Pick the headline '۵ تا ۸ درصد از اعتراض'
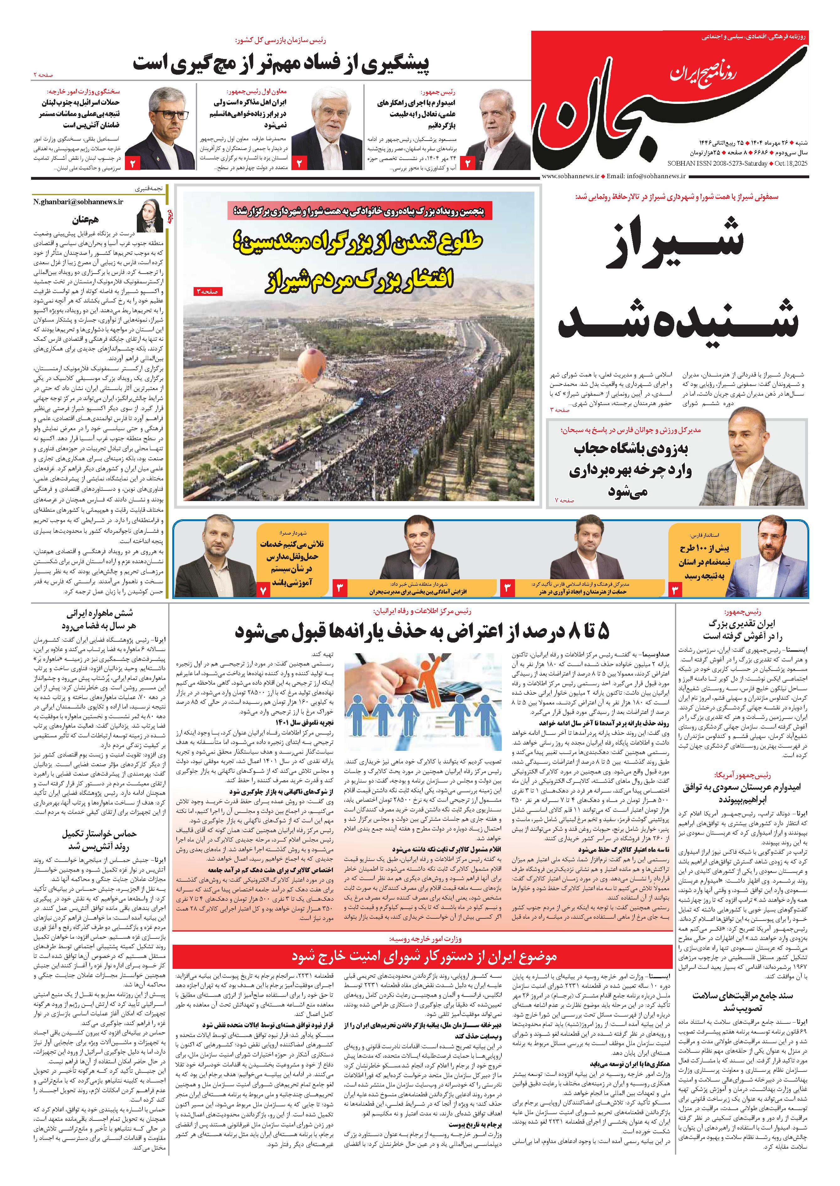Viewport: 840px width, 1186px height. coord(421,632)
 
